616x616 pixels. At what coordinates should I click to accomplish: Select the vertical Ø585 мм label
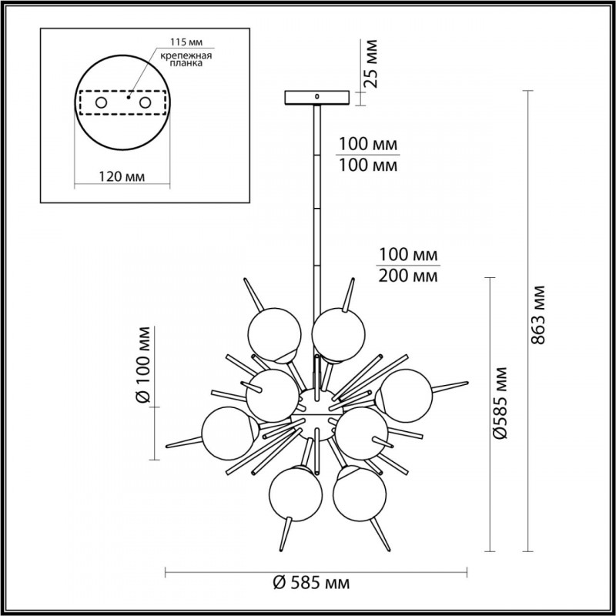502,402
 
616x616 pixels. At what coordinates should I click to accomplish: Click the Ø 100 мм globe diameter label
142,364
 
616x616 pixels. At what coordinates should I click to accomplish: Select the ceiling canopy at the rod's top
316,99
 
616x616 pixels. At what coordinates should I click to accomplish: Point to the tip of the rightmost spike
467,382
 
